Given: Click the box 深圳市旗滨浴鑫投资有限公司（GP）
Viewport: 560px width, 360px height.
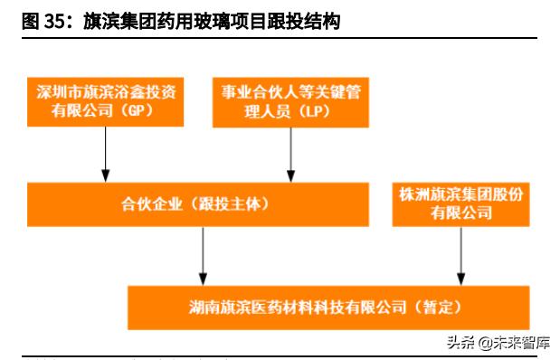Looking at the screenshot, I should coord(107,102).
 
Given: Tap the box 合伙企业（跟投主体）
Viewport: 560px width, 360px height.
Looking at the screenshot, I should coord(198,204).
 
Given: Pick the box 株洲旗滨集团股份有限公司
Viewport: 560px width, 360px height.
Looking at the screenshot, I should coord(461,204).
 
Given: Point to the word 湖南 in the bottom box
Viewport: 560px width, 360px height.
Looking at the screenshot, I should coord(203,307).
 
